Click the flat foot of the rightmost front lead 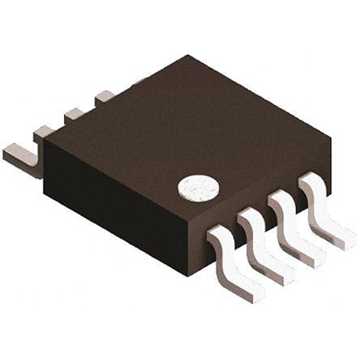(341, 237)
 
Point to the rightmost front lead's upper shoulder (311, 184)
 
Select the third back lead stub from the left (74, 114)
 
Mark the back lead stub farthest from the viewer (103, 95)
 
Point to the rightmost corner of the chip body (330, 144)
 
